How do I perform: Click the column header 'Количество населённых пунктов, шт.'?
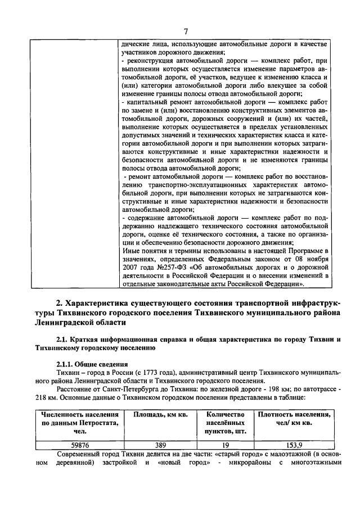point(222,422)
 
